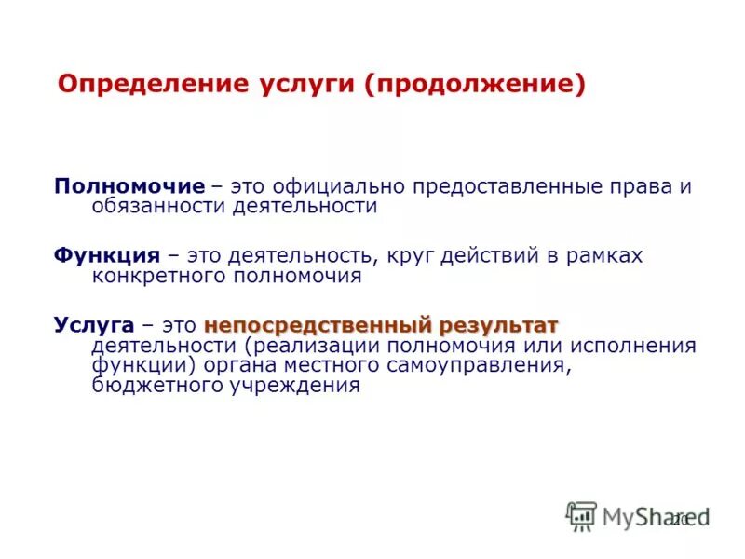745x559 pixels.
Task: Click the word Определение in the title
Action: [x=148, y=85]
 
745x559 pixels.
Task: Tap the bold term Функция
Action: [x=105, y=255]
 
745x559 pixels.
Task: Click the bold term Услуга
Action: [x=93, y=325]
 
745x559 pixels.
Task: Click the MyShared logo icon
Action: [x=582, y=516]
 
